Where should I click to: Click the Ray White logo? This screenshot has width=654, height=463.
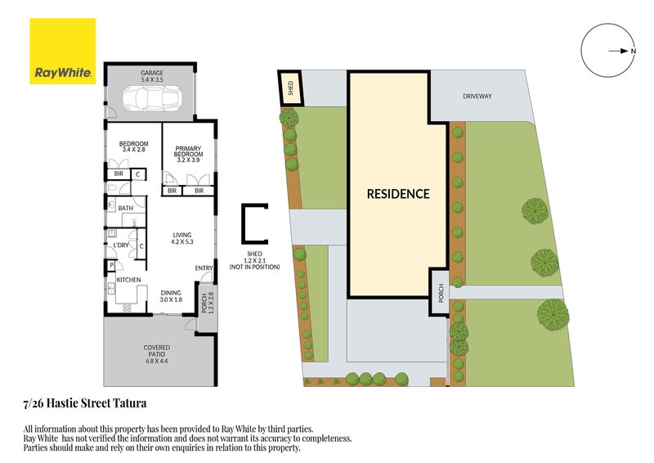tap(63, 51)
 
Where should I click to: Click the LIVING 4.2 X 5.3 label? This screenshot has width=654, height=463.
tap(182, 238)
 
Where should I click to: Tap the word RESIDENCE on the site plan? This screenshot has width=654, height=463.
tap(398, 194)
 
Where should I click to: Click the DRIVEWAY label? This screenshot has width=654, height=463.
tap(477, 96)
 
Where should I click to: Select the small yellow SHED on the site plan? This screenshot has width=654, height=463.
tap(291, 88)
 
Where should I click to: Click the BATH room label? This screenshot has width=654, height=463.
tap(126, 208)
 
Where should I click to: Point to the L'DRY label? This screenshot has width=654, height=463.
tap(121, 245)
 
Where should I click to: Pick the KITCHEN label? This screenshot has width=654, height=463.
tap(128, 280)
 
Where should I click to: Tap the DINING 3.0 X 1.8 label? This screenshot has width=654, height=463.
tap(171, 296)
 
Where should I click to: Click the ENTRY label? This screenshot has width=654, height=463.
tap(204, 268)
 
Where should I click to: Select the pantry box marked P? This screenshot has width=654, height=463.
tap(111, 266)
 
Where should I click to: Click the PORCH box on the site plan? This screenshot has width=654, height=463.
tap(440, 292)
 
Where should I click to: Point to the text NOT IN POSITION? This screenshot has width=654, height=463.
tap(254, 267)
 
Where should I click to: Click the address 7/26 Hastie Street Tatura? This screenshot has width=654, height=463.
tap(85, 404)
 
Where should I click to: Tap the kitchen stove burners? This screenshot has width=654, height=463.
tap(128, 308)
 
